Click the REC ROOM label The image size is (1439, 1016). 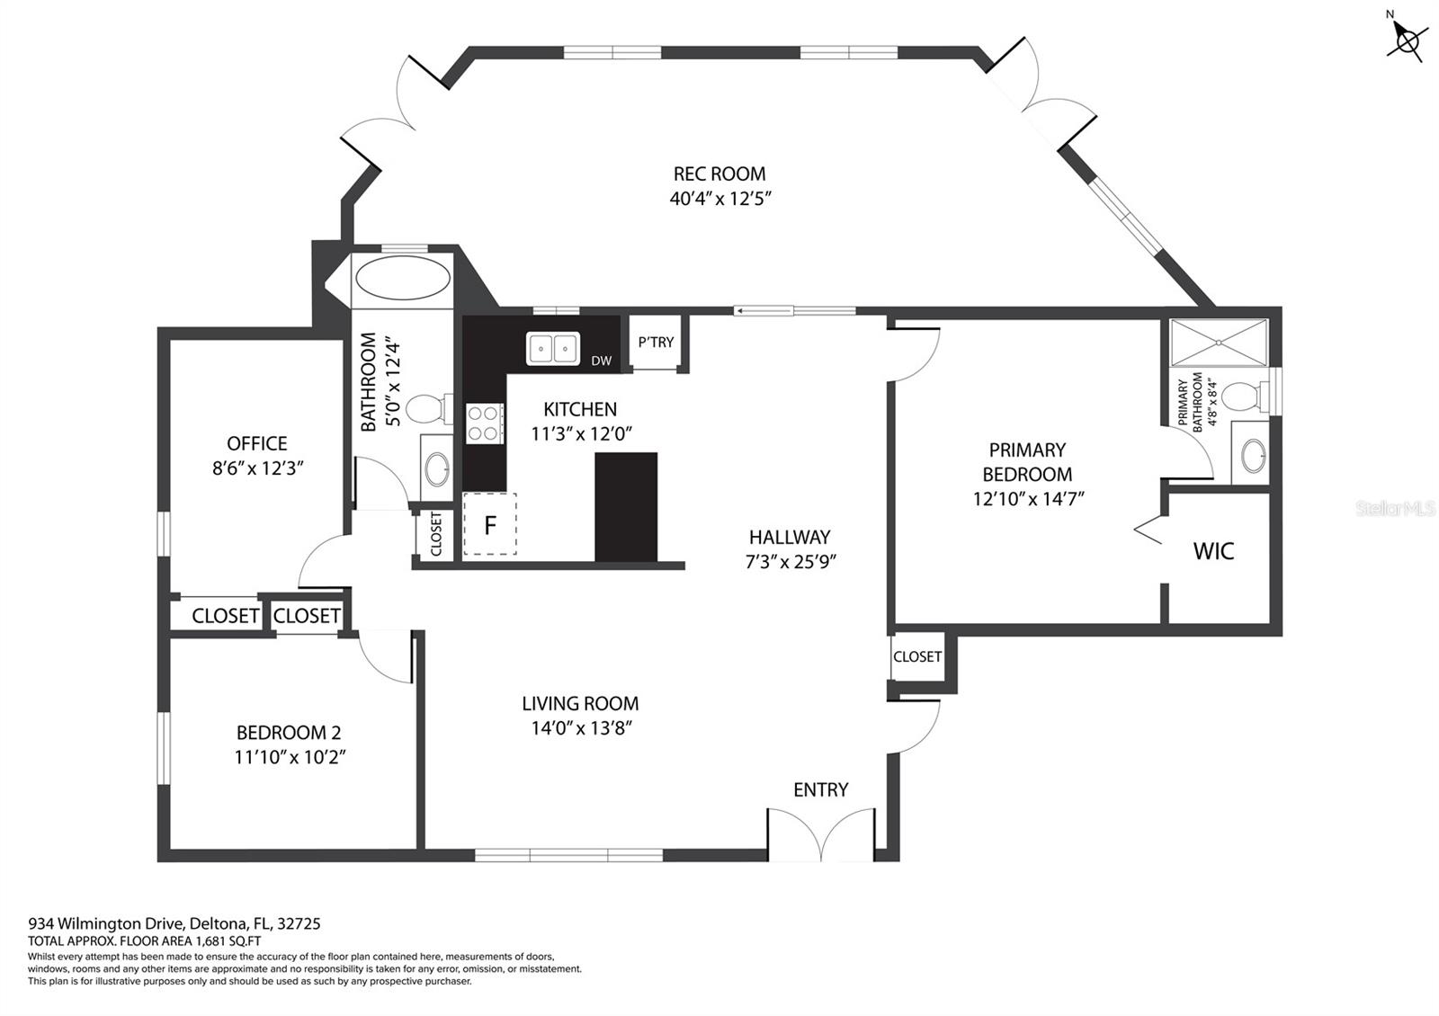(719, 174)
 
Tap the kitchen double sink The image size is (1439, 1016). (552, 349)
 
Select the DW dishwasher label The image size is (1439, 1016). (602, 361)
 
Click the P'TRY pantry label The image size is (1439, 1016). (656, 343)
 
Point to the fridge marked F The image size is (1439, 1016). (489, 524)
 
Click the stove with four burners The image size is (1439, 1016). (485, 423)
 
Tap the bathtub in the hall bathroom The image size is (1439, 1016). (403, 278)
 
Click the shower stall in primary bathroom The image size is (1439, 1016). (1219, 343)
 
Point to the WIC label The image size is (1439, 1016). (1213, 551)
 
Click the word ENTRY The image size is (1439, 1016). (820, 790)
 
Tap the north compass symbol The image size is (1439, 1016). (1407, 40)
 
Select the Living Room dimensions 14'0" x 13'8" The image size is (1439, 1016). (581, 728)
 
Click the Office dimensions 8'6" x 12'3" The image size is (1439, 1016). (257, 468)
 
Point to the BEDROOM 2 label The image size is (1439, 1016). (289, 732)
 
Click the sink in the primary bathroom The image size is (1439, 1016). (1254, 455)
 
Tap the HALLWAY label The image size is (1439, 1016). (790, 537)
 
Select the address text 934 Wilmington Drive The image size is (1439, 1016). (107, 923)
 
